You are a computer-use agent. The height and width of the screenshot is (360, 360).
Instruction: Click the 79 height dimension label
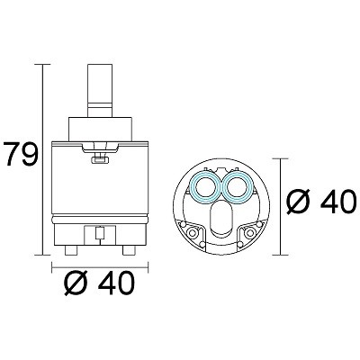click(x=21, y=155)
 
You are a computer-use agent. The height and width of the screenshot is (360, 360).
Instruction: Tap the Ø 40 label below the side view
click(x=100, y=283)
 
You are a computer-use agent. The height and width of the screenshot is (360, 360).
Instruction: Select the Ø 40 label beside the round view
click(x=321, y=201)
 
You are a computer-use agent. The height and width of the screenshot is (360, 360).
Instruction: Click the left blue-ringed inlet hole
click(x=206, y=188)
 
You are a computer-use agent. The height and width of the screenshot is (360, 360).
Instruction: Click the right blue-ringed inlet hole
click(x=238, y=188)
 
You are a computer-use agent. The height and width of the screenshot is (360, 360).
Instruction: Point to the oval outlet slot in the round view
click(x=222, y=220)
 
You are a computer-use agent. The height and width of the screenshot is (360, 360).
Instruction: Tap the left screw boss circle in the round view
click(x=192, y=232)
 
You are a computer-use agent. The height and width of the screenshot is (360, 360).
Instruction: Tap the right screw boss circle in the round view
click(x=249, y=231)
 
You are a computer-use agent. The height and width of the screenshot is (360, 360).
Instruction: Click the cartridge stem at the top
click(x=100, y=90)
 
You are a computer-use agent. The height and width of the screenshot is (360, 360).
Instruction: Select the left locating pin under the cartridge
click(x=71, y=250)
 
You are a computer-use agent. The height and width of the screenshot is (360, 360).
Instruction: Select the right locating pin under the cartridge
click(x=129, y=250)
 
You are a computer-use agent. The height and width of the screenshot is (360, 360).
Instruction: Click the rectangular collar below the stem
click(x=100, y=129)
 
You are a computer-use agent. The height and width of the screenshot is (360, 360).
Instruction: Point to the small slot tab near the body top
click(x=100, y=160)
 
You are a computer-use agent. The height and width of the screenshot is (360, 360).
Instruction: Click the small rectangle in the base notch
click(x=100, y=233)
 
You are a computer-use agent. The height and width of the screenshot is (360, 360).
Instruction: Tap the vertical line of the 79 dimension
click(x=42, y=159)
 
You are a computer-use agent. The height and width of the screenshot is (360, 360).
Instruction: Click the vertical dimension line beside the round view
click(x=280, y=207)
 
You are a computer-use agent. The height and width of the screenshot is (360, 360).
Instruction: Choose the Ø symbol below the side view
click(x=76, y=283)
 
